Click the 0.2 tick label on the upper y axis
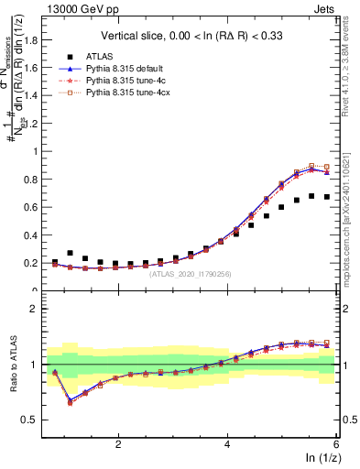coord(37,264)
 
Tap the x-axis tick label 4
coord(227,444)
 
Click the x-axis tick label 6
coord(336,444)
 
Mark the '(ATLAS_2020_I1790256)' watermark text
coord(191,273)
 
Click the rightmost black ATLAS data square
coord(327,197)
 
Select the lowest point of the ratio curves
coord(71,401)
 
